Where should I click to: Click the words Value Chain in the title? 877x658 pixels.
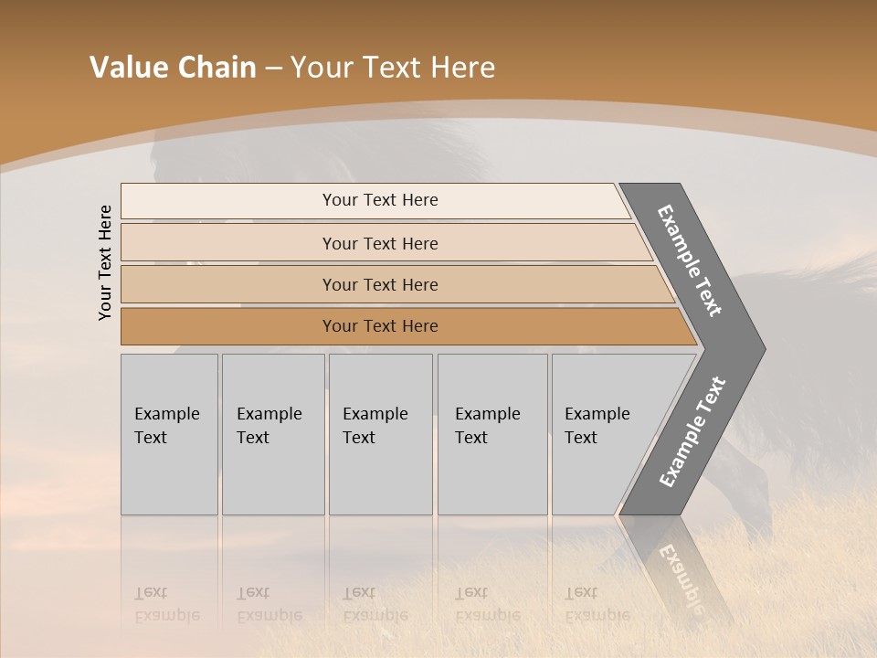click(173, 68)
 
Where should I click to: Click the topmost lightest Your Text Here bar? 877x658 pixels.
click(379, 200)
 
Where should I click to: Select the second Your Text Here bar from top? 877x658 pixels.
click(379, 243)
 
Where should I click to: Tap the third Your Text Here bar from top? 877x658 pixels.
click(379, 284)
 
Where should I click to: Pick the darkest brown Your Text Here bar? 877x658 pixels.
click(379, 326)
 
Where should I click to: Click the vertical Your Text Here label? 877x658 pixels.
click(105, 263)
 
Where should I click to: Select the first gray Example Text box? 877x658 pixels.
click(169, 433)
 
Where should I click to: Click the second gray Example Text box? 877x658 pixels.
click(273, 433)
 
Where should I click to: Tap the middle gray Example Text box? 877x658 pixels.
click(380, 433)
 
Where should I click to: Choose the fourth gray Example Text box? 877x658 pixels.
click(492, 433)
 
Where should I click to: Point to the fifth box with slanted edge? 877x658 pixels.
click(603, 433)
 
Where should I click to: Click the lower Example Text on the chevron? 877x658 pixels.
click(692, 431)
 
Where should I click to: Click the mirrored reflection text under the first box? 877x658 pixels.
click(166, 604)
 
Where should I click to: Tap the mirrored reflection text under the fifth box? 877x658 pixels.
click(597, 604)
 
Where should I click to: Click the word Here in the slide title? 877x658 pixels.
click(462, 68)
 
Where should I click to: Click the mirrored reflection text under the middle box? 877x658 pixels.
click(375, 604)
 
